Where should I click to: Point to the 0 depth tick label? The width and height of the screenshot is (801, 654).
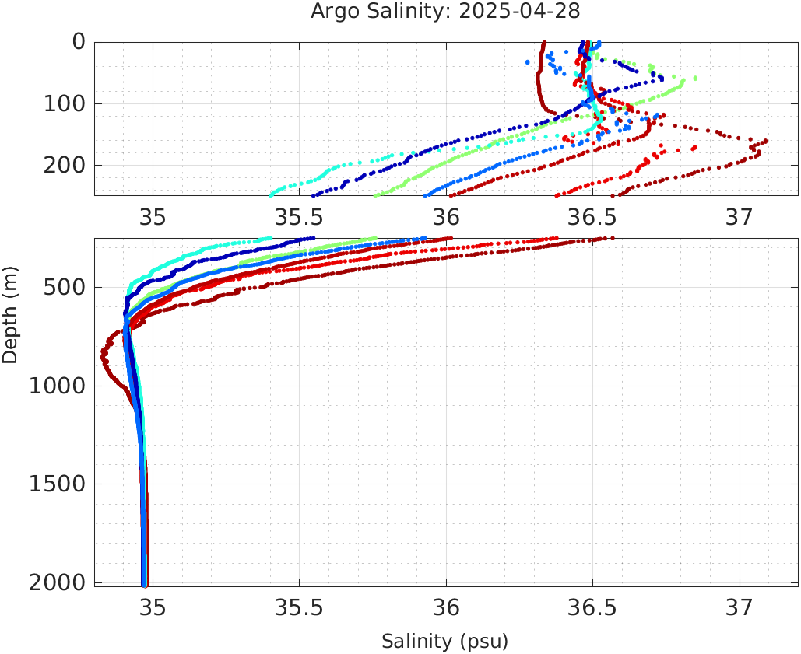pos(79,41)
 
